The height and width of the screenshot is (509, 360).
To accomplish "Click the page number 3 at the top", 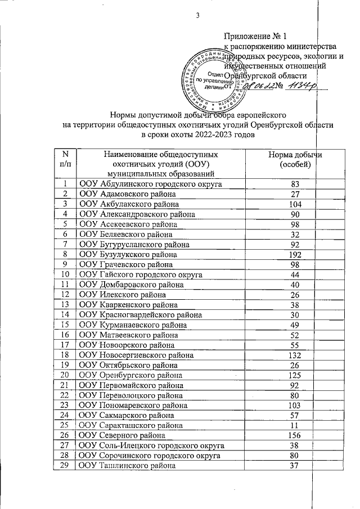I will tap(198, 15).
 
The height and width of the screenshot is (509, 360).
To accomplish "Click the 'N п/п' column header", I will tap(65, 159).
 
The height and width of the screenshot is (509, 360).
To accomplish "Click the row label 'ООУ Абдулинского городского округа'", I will tap(150, 184).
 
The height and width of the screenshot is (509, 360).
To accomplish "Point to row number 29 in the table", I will tap(65, 466).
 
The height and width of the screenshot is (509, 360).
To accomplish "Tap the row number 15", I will tap(65, 325).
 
